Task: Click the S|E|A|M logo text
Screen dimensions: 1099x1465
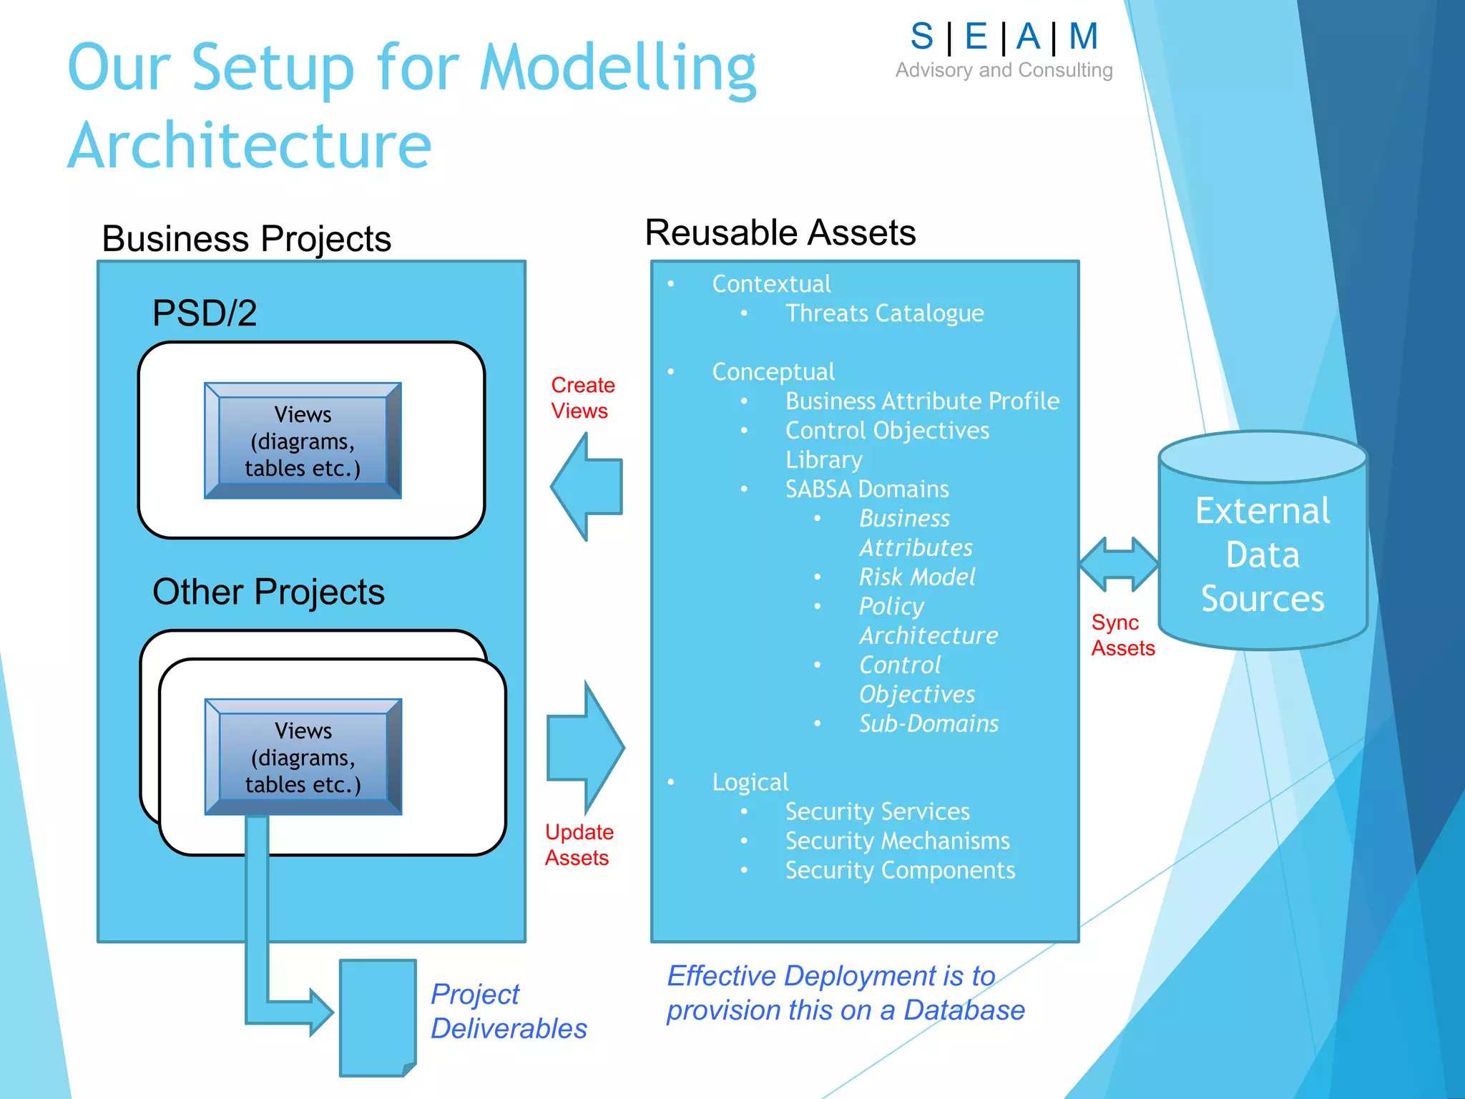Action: click(x=1004, y=36)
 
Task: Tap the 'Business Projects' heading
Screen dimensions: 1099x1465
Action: click(x=246, y=239)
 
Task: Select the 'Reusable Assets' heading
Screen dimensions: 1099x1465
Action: click(x=780, y=233)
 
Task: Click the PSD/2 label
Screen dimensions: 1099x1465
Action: click(x=205, y=313)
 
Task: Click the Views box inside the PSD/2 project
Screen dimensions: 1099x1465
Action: click(x=303, y=441)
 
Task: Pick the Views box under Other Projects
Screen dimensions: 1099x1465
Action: click(x=303, y=757)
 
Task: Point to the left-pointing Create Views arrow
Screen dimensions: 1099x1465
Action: click(x=587, y=487)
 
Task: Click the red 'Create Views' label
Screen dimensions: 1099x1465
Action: click(x=582, y=398)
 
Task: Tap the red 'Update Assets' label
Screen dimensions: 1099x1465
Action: click(x=579, y=844)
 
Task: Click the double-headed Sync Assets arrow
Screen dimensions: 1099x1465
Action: click(x=1118, y=565)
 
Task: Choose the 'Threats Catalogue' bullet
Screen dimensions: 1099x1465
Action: click(x=884, y=313)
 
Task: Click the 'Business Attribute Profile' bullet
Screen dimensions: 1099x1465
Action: click(x=922, y=401)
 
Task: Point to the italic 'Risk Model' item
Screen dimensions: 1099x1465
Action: click(x=916, y=577)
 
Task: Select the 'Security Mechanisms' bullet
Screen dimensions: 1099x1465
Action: click(x=897, y=841)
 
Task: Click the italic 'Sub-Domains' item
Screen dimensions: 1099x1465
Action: click(x=929, y=724)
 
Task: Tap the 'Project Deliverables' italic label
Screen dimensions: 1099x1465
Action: click(x=508, y=1011)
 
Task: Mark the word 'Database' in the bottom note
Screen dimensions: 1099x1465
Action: click(x=964, y=1010)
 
